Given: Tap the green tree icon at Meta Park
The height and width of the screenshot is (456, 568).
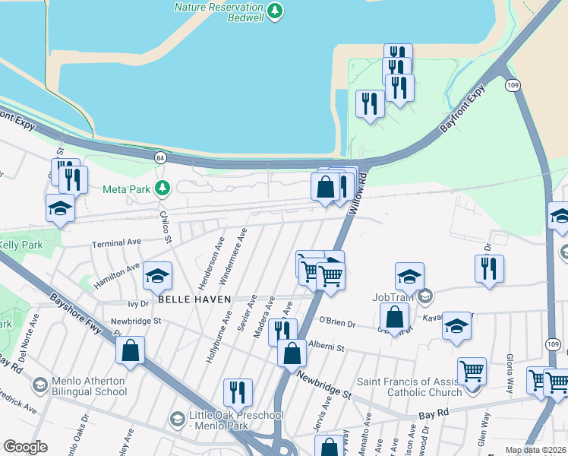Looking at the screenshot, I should pos(161,188).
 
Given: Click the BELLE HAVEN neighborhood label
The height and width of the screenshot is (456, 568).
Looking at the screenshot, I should pos(189,299).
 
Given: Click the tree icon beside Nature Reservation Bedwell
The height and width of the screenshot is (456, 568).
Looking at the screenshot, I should pos(275,11).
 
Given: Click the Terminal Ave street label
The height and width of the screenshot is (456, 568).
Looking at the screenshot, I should pos(117,243).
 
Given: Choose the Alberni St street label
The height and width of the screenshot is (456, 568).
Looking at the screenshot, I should pos(327,346).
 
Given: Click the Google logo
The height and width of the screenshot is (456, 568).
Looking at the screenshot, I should pos(24,447).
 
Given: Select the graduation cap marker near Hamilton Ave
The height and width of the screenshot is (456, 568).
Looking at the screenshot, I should pos(157,277).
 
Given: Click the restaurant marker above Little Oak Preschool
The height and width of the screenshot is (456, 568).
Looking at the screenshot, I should pos(238,392).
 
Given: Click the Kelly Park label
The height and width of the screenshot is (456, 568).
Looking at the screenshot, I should pos(21,245).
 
